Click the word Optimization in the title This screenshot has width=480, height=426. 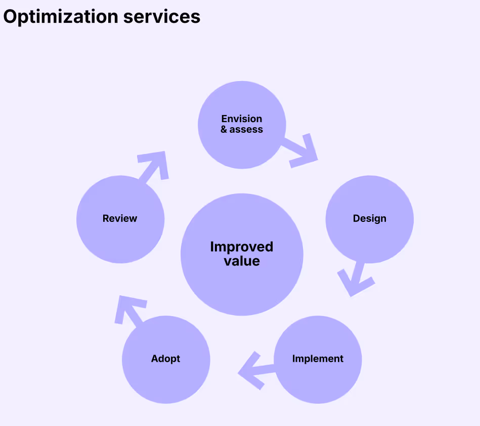(61, 17)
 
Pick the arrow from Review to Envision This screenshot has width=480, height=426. (153, 166)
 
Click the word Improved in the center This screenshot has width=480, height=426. (242, 247)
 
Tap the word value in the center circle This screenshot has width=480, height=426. (242, 261)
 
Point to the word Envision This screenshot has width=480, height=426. (242, 119)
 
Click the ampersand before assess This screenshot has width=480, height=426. (224, 130)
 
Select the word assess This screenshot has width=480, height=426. (246, 130)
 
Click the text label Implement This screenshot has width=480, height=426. (318, 359)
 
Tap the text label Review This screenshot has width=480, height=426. (120, 218)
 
